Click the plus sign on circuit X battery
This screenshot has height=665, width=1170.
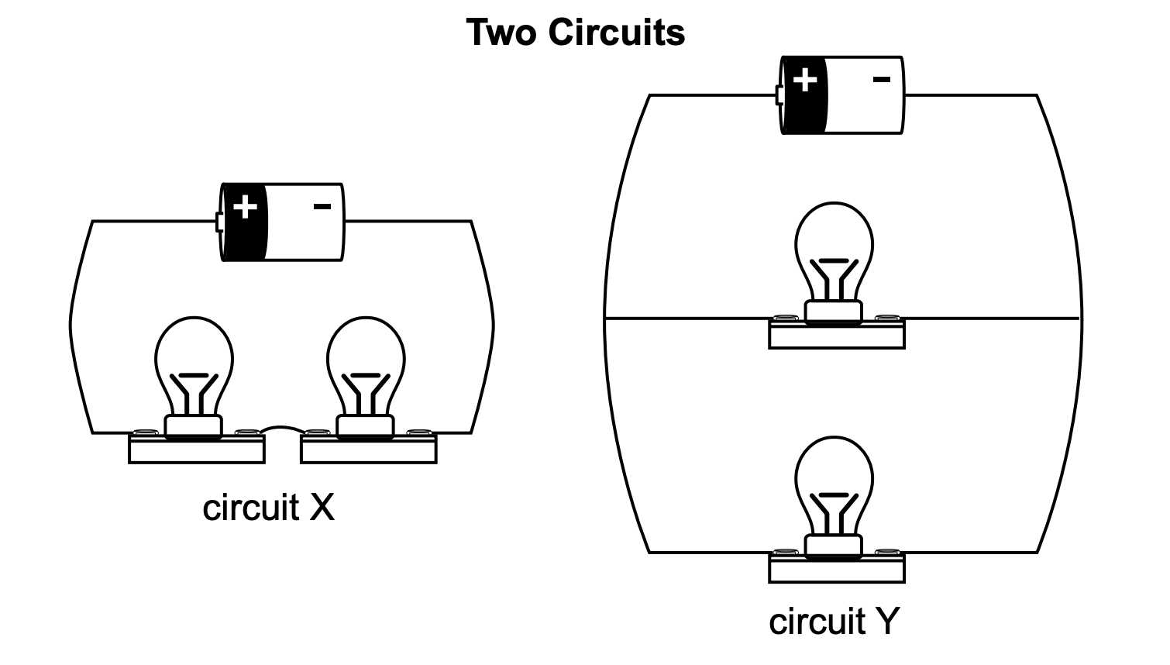pos(245,207)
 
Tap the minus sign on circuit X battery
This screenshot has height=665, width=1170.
pos(322,206)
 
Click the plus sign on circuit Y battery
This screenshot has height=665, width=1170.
pos(804,80)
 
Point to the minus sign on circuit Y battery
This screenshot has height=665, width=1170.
pos(882,79)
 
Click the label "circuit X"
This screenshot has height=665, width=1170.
pos(268,508)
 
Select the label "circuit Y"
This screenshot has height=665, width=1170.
pos(834,622)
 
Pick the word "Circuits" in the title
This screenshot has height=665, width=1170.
pos(617,33)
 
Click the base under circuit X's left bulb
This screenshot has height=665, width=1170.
pos(197,450)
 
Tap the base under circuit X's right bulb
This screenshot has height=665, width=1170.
pos(369,450)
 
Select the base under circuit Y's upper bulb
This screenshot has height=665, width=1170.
pos(837,336)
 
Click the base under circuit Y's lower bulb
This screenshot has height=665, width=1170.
pos(837,570)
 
